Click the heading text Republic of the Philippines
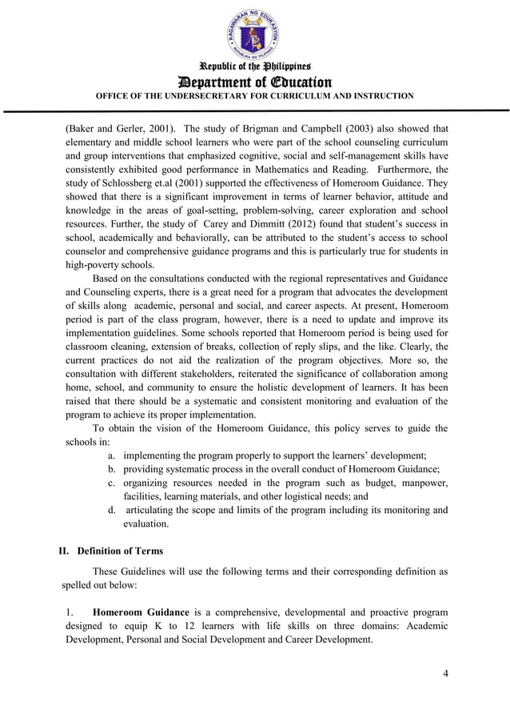pyautogui.click(x=254, y=66)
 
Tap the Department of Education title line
pyautogui.click(x=254, y=81)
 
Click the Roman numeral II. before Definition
pyautogui.click(x=67, y=551)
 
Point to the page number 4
pyautogui.click(x=445, y=672)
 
